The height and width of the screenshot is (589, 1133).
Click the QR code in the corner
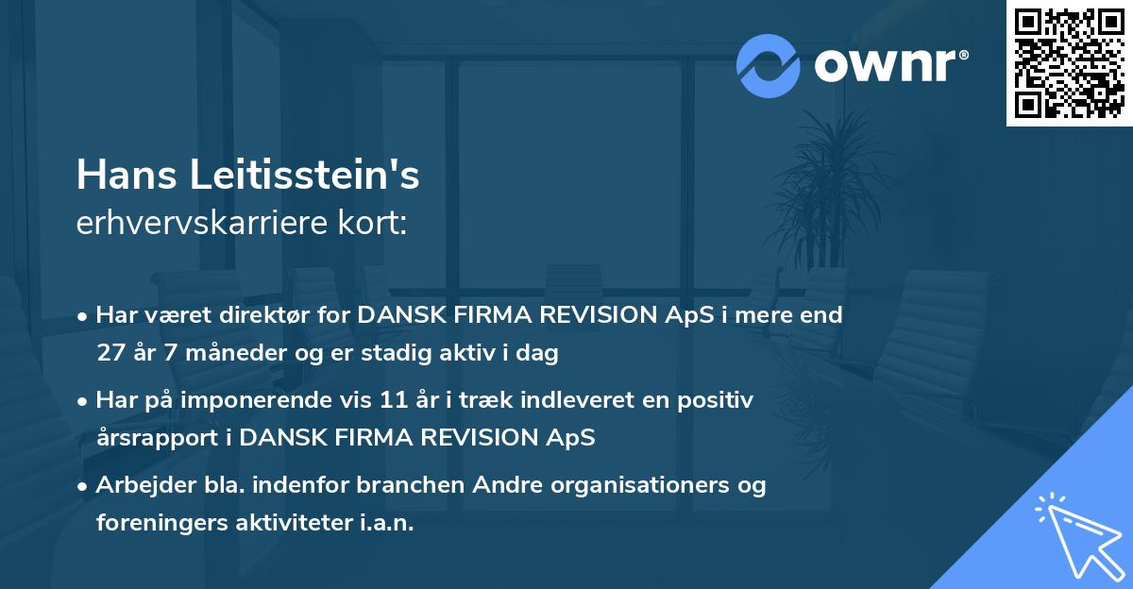pyautogui.click(x=1069, y=63)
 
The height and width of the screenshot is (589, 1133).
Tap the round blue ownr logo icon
pyautogui.click(x=769, y=65)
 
